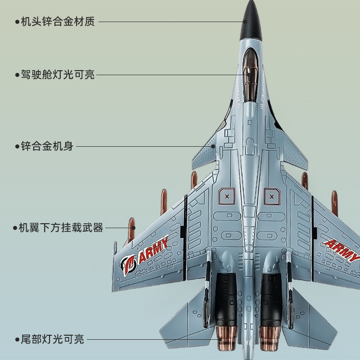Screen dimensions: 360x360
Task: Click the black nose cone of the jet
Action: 251,20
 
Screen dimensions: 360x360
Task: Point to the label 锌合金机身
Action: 47,146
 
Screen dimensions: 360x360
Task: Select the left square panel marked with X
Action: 227,196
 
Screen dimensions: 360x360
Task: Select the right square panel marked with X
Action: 271,196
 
